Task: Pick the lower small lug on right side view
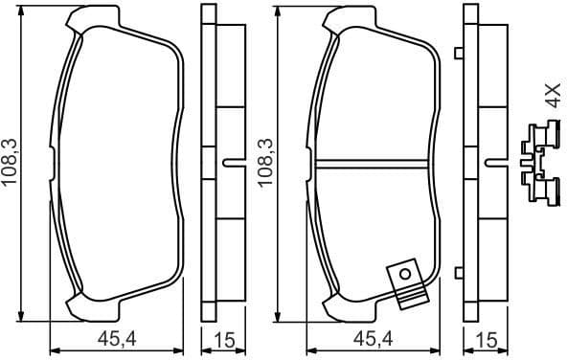462,272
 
